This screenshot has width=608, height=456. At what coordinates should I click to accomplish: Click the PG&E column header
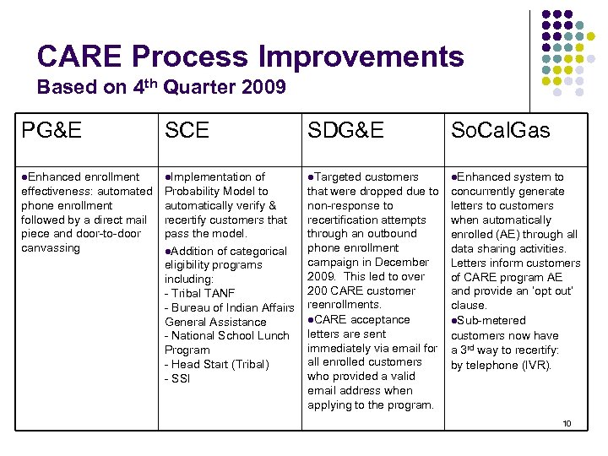52,130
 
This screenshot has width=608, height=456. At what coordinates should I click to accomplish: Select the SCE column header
187,130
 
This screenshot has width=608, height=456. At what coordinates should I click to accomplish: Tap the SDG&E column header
345,130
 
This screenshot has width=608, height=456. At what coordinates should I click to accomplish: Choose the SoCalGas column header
500,130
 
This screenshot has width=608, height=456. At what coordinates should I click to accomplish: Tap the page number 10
567,422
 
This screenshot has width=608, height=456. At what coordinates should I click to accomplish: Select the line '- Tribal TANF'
199,293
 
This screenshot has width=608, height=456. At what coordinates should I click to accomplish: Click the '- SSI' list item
177,378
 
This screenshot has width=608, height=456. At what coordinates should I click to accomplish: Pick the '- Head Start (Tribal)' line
216,364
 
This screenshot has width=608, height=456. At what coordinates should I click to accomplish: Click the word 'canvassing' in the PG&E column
50,248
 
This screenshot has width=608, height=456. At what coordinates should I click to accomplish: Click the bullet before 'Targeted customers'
311,177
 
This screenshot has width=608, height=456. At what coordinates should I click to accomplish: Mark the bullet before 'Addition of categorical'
168,252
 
